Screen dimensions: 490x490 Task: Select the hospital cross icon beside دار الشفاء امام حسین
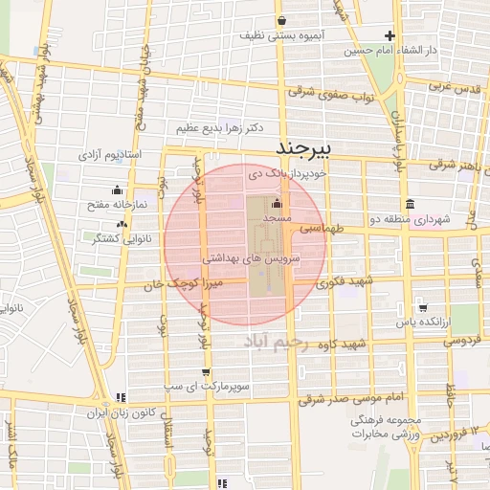coord(390,34)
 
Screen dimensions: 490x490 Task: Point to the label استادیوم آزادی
coord(109,153)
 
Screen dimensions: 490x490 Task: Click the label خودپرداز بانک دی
coord(287,174)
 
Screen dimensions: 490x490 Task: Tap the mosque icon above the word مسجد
coord(278,204)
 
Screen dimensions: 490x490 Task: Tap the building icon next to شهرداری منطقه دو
coord(410,204)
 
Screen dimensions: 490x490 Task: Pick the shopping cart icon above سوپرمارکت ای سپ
coord(206,372)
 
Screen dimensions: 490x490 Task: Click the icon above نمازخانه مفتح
coord(117,189)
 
